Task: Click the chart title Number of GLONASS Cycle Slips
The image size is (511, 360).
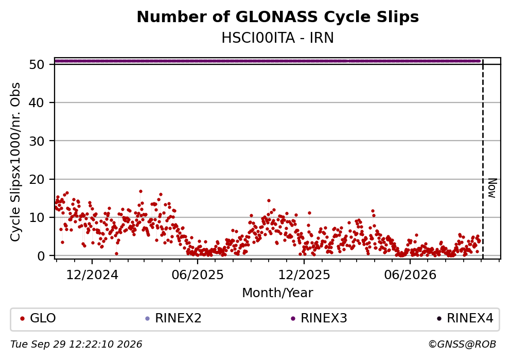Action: coord(278,17)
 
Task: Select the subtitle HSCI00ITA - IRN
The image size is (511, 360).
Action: coord(278,38)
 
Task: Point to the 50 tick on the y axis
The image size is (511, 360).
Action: coord(37,64)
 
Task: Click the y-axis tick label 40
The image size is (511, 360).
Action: coord(37,102)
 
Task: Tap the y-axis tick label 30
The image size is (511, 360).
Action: coord(37,141)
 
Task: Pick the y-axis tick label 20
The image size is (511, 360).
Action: coord(37,179)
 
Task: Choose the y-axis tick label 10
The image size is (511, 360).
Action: coord(37,217)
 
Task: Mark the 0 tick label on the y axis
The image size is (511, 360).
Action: coord(41,256)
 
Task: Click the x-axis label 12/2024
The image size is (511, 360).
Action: coord(92,275)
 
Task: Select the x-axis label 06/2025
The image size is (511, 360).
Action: coord(198,275)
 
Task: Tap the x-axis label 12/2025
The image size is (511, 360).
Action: coord(304,275)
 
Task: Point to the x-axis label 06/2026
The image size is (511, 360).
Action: coord(410,275)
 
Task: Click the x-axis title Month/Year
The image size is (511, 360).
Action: coord(278,293)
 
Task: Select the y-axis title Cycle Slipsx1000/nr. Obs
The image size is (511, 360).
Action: coord(15,162)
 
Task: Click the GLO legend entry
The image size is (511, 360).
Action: coord(38,318)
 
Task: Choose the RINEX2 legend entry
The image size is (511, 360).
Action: coord(173,318)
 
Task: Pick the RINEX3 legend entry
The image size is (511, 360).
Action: coord(319,318)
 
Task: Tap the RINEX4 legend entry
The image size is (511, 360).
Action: coord(465,318)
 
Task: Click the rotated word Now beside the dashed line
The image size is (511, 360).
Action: coord(492,188)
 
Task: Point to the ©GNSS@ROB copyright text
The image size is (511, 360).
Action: coord(462,345)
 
